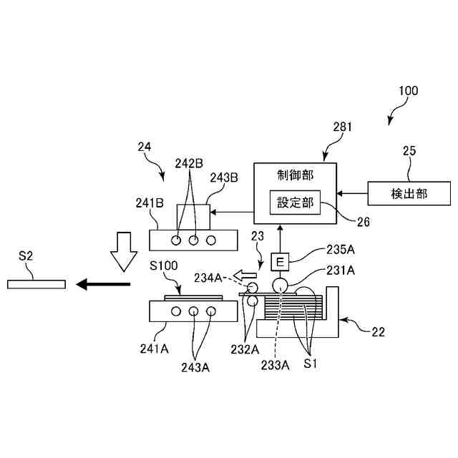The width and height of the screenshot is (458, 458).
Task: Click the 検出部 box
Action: pos(409,193)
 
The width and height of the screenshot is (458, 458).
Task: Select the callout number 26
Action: pos(364,222)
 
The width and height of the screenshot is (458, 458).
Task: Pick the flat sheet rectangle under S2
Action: pos(36,284)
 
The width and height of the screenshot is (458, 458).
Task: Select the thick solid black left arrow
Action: pos(104,284)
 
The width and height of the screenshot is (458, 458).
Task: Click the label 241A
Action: pos(155,349)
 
